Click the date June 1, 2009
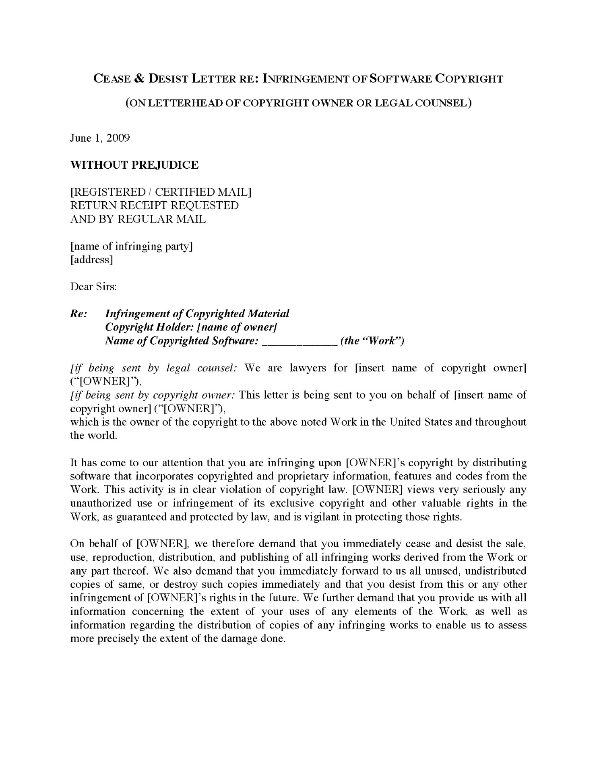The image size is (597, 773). pyautogui.click(x=100, y=138)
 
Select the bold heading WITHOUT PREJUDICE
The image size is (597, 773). pyautogui.click(x=134, y=165)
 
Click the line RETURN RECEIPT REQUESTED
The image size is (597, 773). pyautogui.click(x=154, y=205)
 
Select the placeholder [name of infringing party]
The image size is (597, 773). pyautogui.click(x=132, y=246)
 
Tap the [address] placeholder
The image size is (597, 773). pyautogui.click(x=91, y=260)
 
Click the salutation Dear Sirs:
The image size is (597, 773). pyautogui.click(x=93, y=287)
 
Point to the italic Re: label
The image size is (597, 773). pyautogui.click(x=78, y=314)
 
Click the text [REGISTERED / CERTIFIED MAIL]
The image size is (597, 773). pyautogui.click(x=161, y=192)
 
